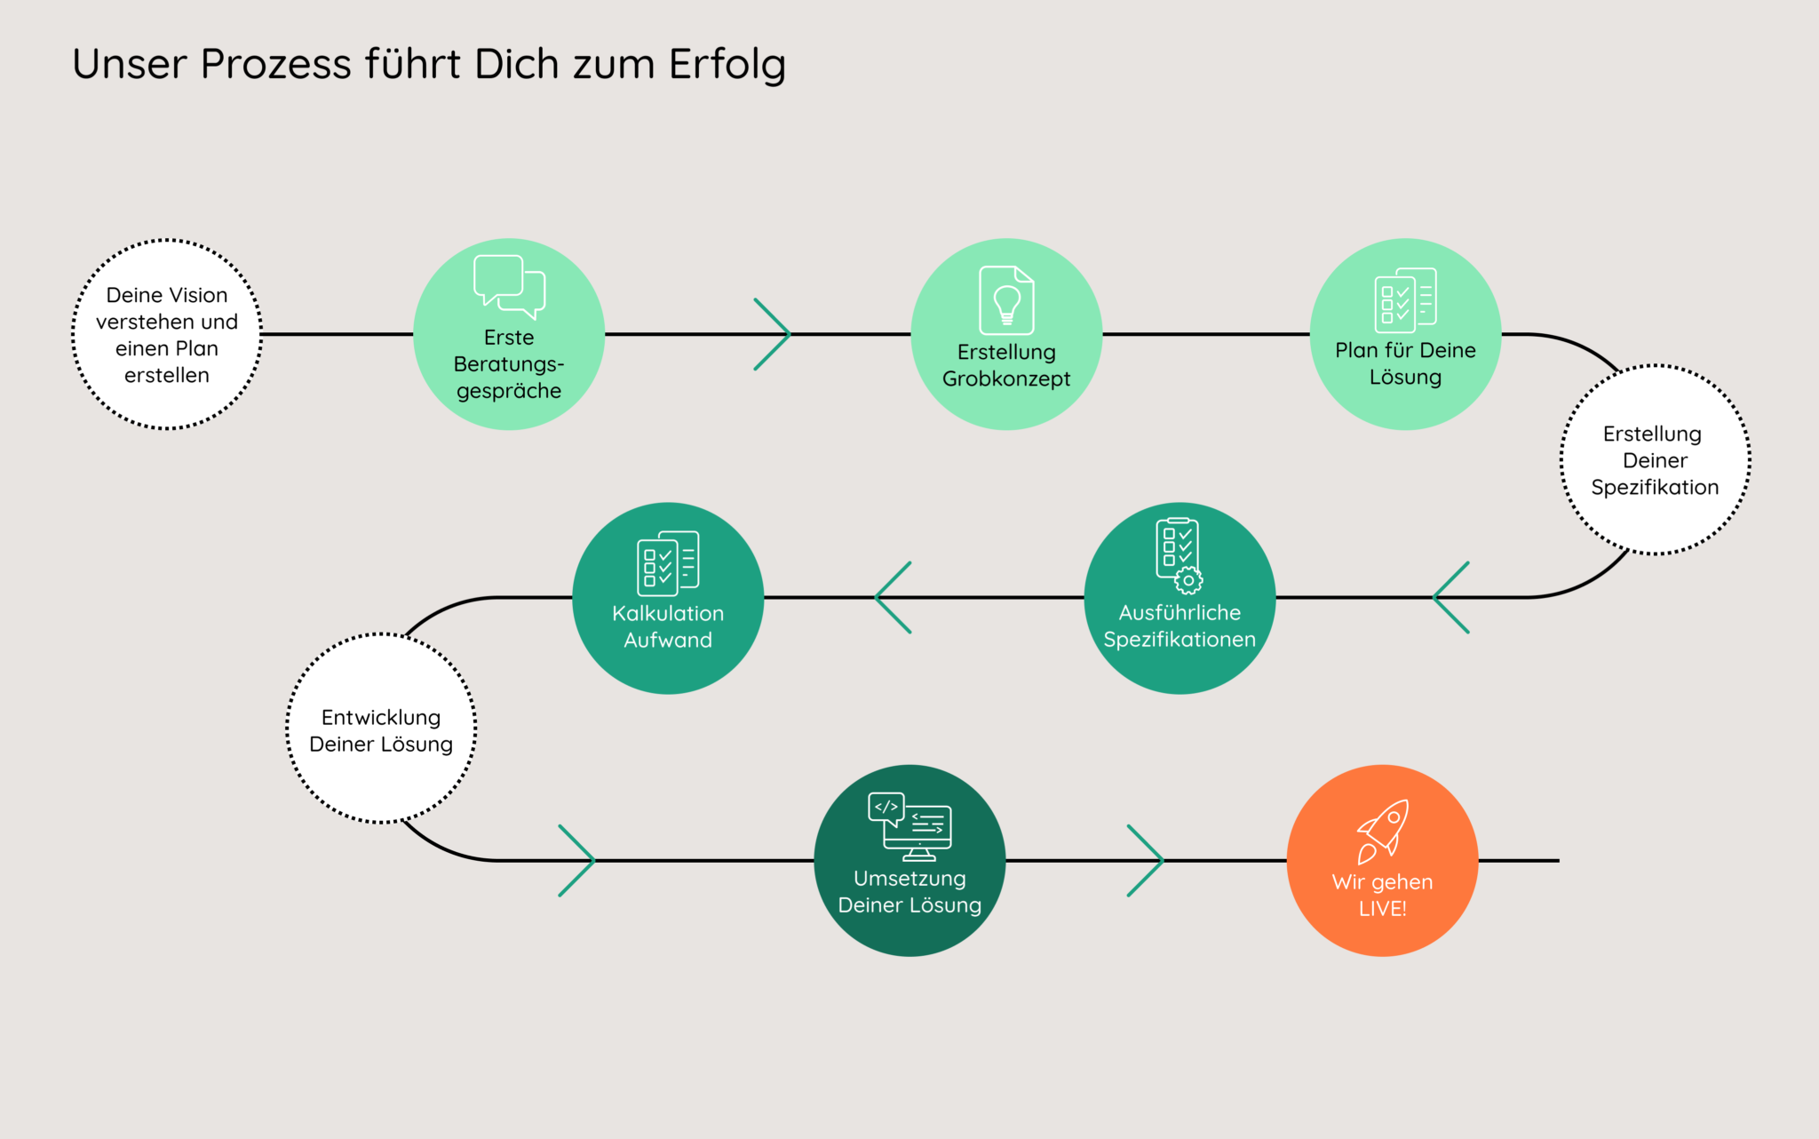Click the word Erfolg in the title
click(727, 65)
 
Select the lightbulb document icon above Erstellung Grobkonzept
click(1006, 300)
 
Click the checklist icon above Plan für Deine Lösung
click(1405, 300)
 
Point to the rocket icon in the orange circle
click(1383, 831)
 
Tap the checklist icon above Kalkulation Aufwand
click(668, 563)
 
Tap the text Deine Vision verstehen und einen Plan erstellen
click(167, 335)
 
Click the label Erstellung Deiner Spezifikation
click(1655, 460)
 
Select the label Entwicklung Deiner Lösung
click(381, 730)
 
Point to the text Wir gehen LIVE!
click(1382, 895)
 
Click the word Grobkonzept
click(1006, 379)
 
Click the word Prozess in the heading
click(276, 65)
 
